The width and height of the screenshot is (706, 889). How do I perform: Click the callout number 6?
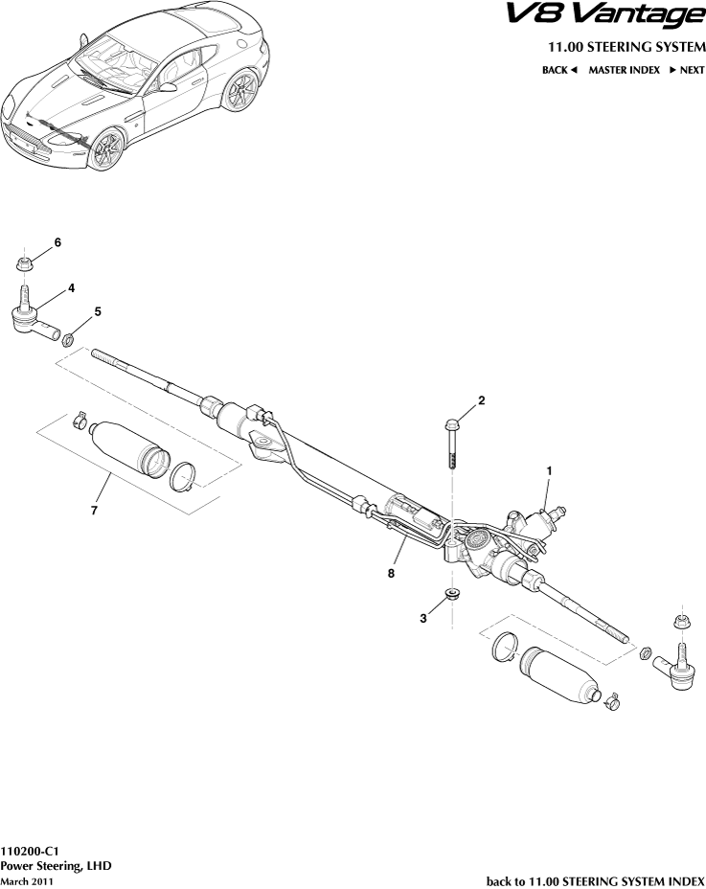click(x=57, y=243)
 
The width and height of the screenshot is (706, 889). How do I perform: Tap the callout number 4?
click(x=72, y=287)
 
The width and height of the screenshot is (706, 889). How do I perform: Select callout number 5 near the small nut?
click(x=97, y=312)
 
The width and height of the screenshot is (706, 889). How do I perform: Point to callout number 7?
click(x=94, y=511)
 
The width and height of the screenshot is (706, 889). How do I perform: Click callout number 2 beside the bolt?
click(x=482, y=400)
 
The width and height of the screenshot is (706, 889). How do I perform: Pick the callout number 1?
click(x=550, y=470)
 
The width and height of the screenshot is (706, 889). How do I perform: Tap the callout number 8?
click(x=392, y=573)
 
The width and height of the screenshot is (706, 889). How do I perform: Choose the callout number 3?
click(x=422, y=619)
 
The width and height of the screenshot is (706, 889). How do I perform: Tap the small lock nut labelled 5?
click(x=69, y=338)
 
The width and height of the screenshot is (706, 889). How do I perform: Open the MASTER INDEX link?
click(x=624, y=70)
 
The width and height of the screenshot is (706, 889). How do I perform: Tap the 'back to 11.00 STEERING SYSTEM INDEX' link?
click(x=596, y=880)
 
